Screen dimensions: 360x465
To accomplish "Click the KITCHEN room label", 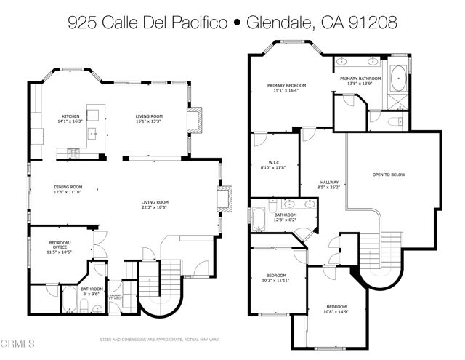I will (x=70, y=116).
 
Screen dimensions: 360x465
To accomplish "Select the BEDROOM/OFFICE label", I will (x=59, y=244).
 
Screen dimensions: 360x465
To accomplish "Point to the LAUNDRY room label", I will (x=115, y=295).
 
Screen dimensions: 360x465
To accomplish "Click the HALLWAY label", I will (x=329, y=182).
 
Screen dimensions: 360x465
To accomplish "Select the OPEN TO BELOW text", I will (x=389, y=175).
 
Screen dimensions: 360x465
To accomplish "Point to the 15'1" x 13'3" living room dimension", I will (x=149, y=121).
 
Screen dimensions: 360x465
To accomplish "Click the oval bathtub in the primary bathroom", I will (x=400, y=78).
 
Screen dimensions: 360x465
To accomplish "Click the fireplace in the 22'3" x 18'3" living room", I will (x=225, y=199).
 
